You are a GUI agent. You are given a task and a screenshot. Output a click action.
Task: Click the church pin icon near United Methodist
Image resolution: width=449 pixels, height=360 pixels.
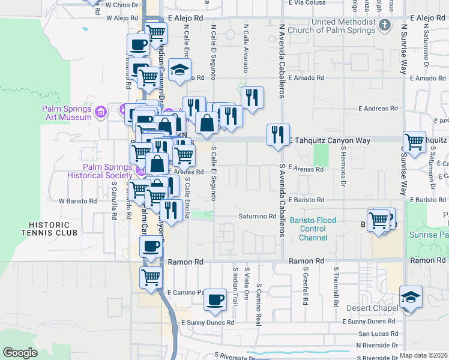click(386, 25)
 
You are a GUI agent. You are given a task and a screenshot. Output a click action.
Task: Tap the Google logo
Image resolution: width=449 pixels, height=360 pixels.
click(20, 353)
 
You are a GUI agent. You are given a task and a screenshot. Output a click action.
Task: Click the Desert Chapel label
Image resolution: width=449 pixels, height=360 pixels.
click(372, 308)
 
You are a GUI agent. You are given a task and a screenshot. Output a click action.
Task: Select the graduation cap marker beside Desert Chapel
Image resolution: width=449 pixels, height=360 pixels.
click(411, 297)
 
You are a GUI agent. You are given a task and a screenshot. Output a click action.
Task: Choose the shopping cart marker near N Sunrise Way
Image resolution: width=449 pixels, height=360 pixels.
click(415, 142)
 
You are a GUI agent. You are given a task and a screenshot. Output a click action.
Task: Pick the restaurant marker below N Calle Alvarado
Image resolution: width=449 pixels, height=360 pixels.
click(252, 97)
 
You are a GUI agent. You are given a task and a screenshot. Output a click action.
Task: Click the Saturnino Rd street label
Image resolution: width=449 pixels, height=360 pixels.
click(257, 216)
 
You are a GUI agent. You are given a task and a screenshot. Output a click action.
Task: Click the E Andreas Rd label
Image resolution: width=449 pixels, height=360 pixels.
click(378, 109)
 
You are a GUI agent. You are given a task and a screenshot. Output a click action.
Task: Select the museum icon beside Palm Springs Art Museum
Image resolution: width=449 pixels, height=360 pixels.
click(101, 112)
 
